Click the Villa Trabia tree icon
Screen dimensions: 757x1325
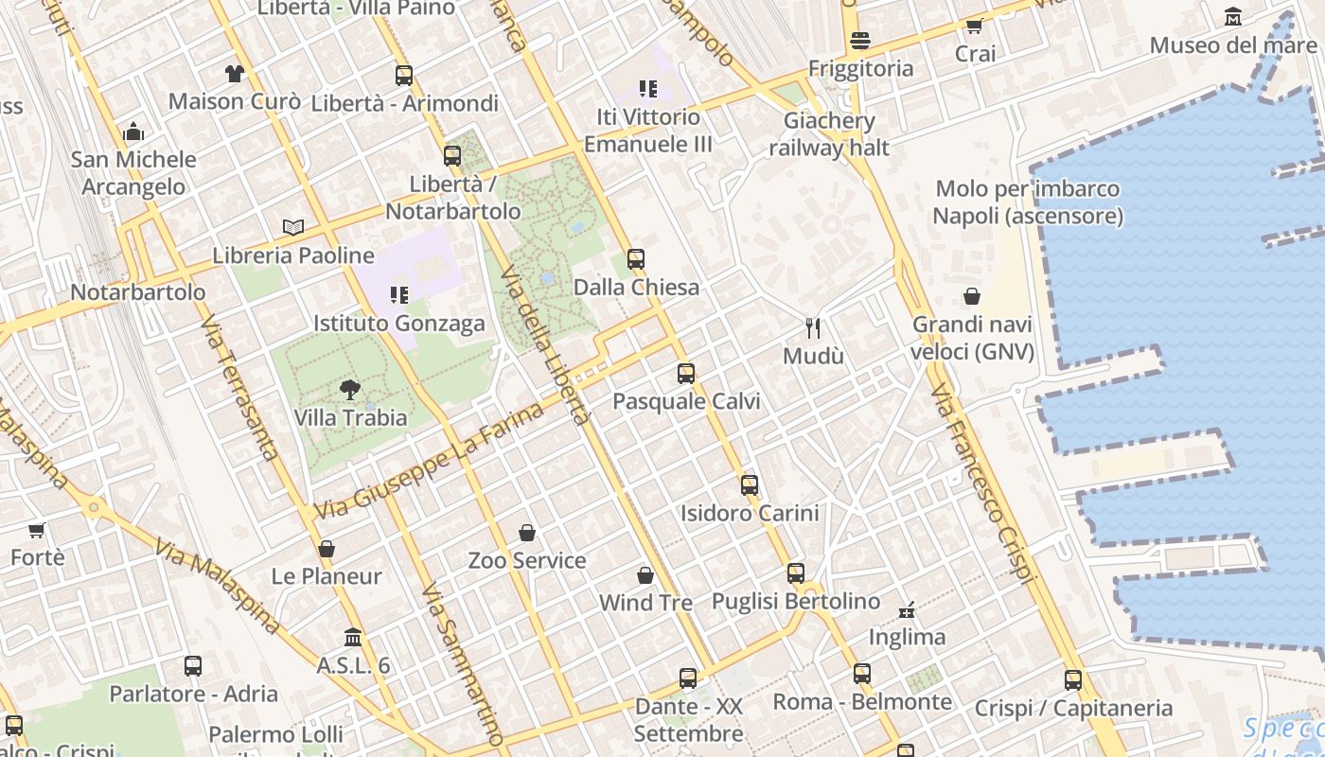coord(350,389)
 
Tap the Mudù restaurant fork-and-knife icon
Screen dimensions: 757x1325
coord(813,328)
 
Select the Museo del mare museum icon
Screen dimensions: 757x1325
coord(1233,17)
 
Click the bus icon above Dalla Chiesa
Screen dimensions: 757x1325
coord(636,258)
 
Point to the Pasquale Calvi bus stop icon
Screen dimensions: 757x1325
coord(686,373)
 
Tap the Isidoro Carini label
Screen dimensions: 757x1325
coord(750,513)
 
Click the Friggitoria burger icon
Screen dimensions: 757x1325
coord(860,40)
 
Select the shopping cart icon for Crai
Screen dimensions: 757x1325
coord(975,26)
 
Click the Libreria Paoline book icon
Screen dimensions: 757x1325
coord(293,227)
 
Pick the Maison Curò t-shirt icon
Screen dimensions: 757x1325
coord(235,73)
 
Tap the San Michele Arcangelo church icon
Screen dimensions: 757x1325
coord(133,132)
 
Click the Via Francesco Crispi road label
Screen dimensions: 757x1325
coord(984,483)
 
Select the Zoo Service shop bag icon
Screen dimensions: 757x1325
coord(527,533)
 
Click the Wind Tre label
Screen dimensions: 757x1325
coord(645,603)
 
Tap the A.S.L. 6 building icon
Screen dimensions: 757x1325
coord(353,637)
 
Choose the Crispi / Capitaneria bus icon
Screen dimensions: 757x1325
coord(1072,679)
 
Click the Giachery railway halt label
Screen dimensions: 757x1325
coord(829,134)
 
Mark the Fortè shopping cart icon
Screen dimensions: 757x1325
coord(37,530)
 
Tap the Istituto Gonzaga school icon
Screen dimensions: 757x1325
coord(398,295)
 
